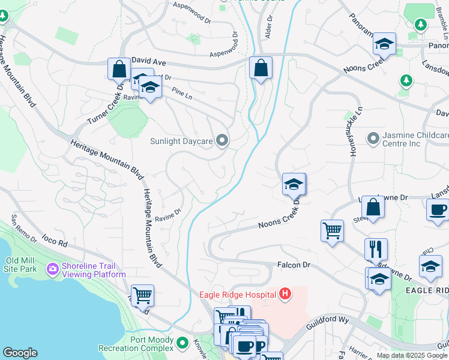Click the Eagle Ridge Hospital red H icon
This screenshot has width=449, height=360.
(286, 294)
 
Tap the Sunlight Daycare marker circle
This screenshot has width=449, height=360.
(223, 141)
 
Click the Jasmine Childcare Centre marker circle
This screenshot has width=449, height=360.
(374, 139)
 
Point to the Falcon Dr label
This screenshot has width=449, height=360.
(294, 265)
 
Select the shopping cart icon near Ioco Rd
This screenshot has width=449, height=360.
(142, 295)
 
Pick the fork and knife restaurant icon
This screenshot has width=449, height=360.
(376, 248)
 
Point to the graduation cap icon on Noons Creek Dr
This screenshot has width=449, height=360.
(294, 184)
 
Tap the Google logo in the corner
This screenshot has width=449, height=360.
(20, 353)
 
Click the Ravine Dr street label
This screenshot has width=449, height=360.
(168, 214)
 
